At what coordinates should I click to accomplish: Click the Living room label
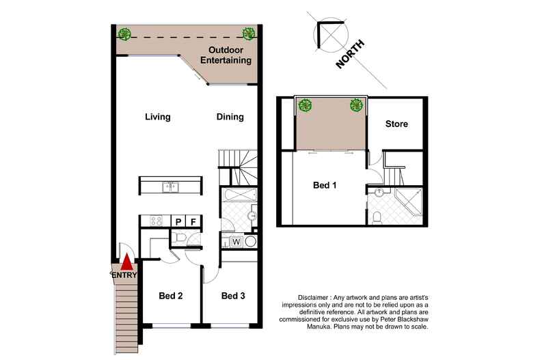pyautogui.click(x=157, y=117)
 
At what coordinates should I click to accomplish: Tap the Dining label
pyautogui.click(x=230, y=117)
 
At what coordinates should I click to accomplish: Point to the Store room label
pyautogui.click(x=396, y=124)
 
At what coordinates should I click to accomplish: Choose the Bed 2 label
pyautogui.click(x=170, y=296)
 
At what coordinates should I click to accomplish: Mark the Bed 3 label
pyautogui.click(x=233, y=296)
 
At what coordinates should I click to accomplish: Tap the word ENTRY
pyautogui.click(x=124, y=275)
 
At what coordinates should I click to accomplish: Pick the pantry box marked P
pyautogui.click(x=178, y=221)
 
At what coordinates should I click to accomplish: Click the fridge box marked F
pyautogui.click(x=193, y=221)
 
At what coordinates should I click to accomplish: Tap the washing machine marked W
pyautogui.click(x=235, y=241)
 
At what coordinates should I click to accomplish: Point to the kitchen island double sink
pyautogui.click(x=168, y=186)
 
